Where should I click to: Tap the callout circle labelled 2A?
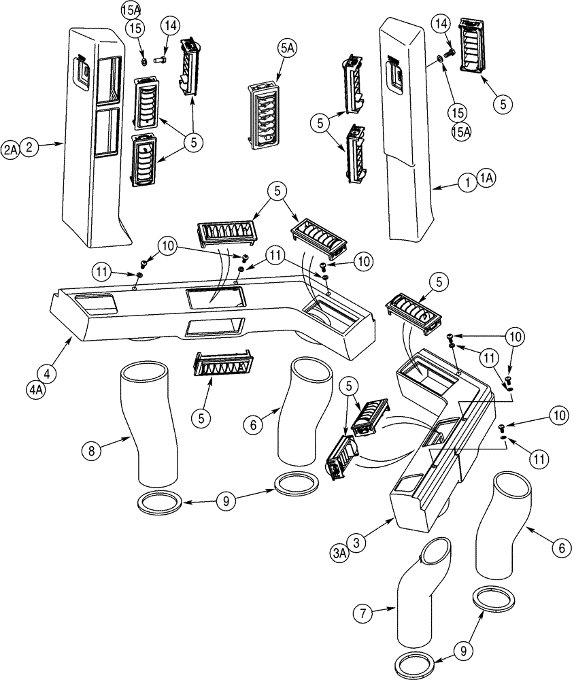point(11,148)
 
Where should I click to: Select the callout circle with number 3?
point(356,543)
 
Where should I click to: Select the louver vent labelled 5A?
point(265,115)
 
